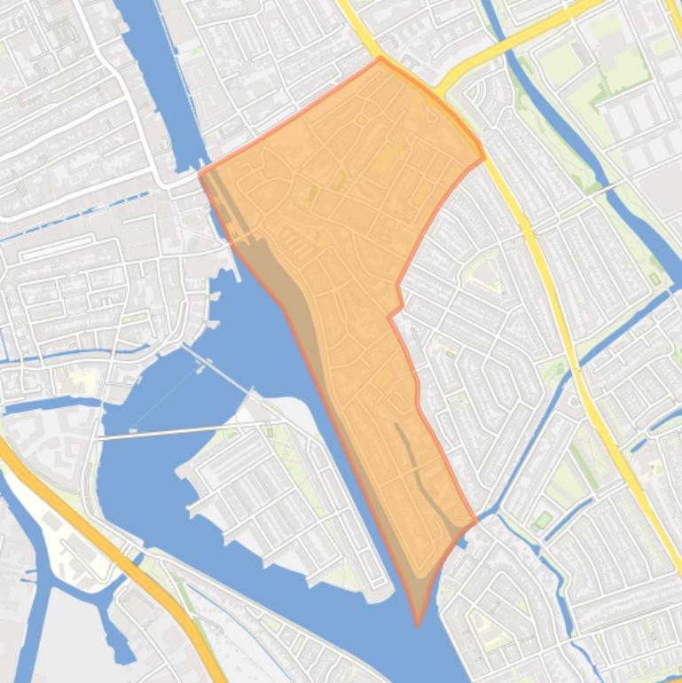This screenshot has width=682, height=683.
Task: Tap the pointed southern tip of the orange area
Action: [x=418, y=624]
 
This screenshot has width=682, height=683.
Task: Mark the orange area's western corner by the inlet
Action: [x=200, y=174]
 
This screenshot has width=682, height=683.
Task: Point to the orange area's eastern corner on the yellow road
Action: [x=483, y=158]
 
